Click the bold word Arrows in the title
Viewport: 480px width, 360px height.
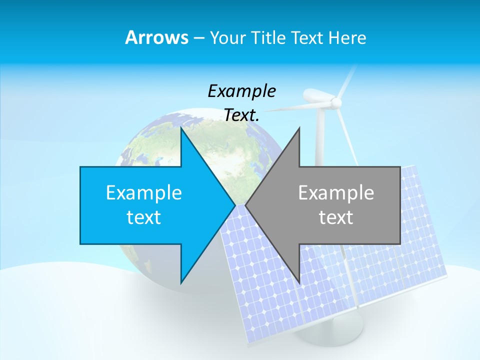156,37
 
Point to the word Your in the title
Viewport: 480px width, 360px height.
227,38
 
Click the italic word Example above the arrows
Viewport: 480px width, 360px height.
242,91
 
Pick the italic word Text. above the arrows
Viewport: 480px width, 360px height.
242,115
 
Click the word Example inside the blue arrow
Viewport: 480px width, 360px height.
144,192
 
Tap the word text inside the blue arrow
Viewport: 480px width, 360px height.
144,217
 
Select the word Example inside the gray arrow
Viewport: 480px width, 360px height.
336,192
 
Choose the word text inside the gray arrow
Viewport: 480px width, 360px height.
336,217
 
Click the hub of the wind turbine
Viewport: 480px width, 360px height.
336,103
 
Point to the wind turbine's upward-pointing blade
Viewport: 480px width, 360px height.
348,80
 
